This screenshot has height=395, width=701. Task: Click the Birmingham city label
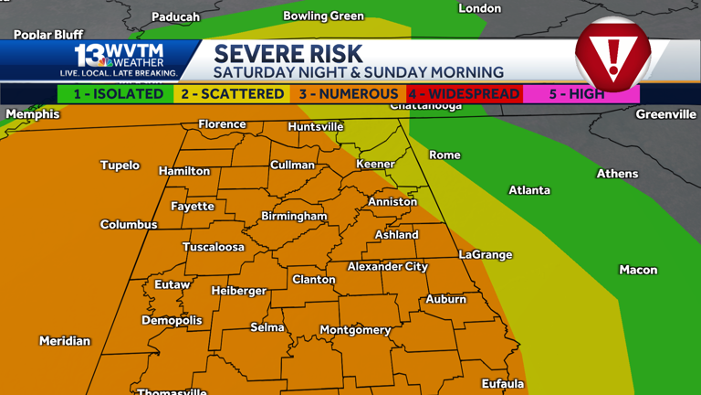[x=294, y=217]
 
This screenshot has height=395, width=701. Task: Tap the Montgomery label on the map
[x=355, y=330]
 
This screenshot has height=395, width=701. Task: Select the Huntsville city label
[x=316, y=127]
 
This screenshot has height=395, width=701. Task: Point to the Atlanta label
[x=529, y=190]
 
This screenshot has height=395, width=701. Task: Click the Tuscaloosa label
[x=214, y=247]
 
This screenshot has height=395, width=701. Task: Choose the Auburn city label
[x=445, y=299]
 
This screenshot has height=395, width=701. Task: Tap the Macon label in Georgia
[x=638, y=270]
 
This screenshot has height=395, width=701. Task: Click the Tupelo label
[x=120, y=165]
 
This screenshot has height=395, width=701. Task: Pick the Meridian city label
[x=65, y=341]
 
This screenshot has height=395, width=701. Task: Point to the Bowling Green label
[x=323, y=16]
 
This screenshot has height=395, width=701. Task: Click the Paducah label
[x=175, y=16]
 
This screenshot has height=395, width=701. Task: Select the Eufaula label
[x=503, y=383]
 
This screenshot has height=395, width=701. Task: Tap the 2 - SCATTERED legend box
[x=232, y=94]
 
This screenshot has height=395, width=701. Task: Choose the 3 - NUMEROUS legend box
[x=348, y=94]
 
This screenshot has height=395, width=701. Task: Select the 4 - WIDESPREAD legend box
[x=464, y=94]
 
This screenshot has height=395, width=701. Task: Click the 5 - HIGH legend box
[x=580, y=94]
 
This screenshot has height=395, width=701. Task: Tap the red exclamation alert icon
[x=612, y=55]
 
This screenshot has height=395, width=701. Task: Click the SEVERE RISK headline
[x=288, y=53]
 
